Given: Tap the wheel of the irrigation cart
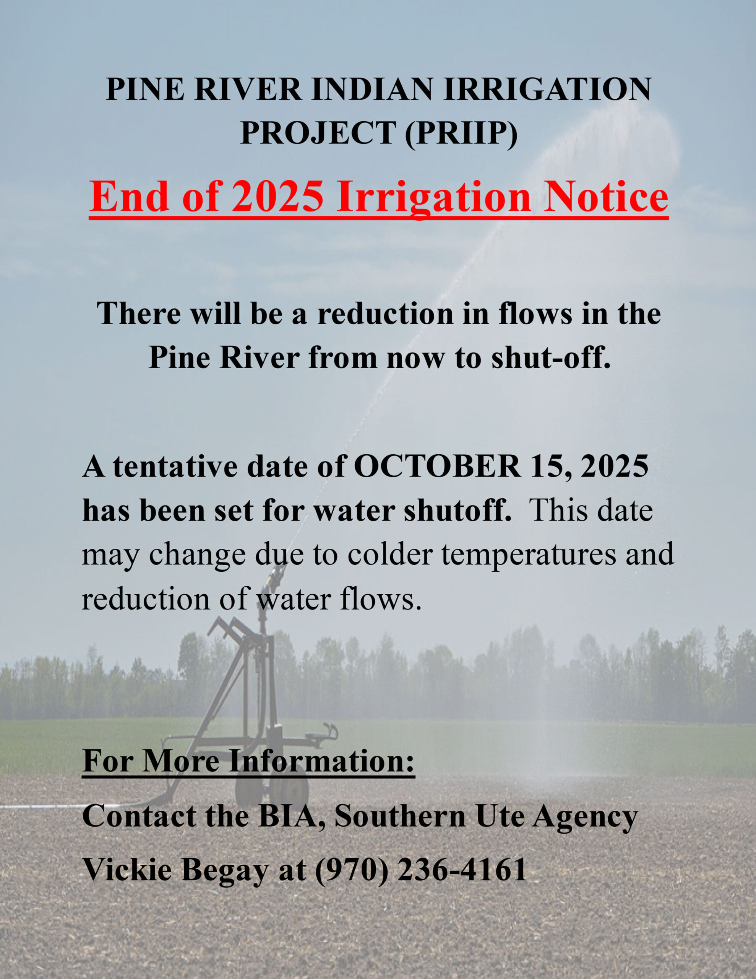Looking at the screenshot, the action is [x=290, y=791].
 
